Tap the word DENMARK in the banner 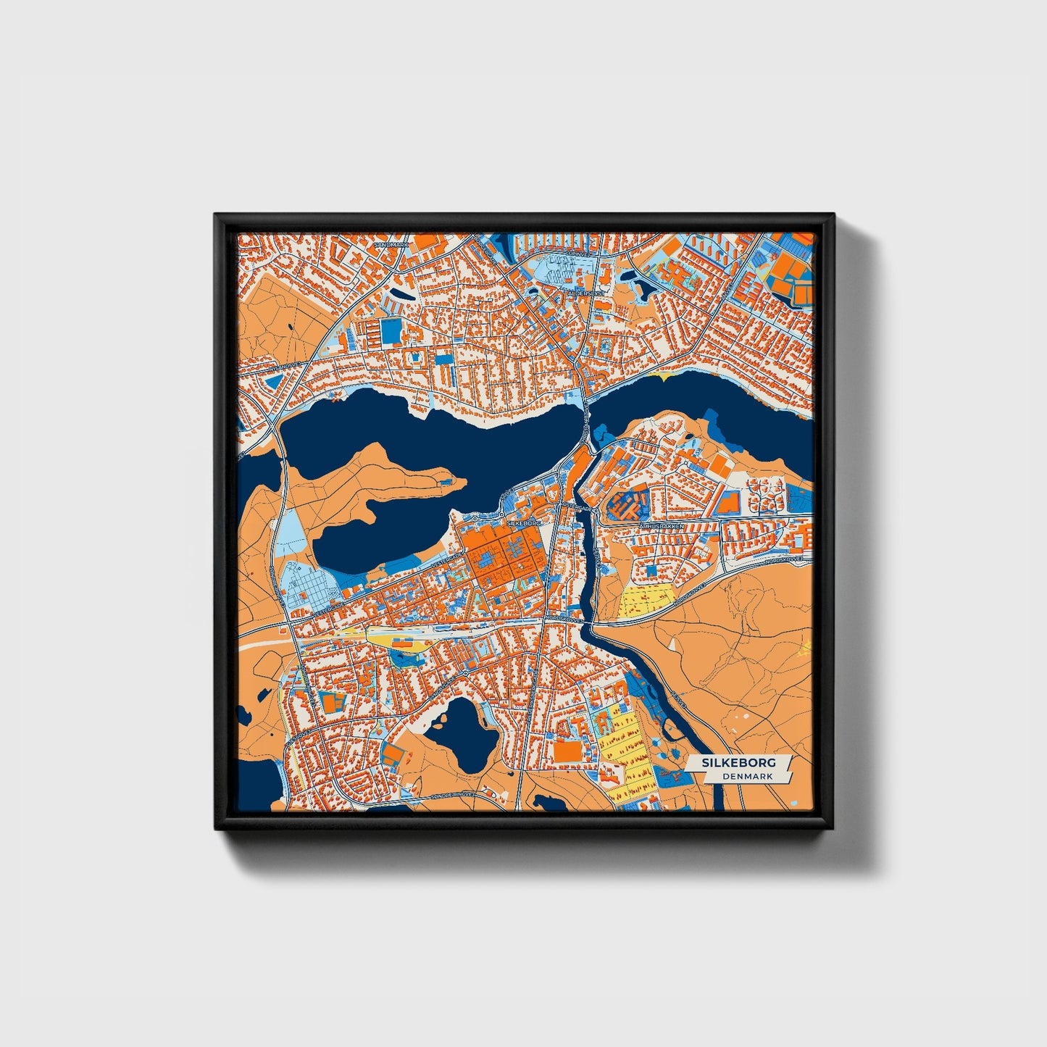[x=748, y=777]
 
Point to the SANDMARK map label [x=391, y=245]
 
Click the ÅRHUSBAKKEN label [x=662, y=526]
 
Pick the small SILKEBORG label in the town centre [x=524, y=522]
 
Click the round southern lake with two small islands [x=462, y=732]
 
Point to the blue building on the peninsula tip [x=447, y=480]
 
